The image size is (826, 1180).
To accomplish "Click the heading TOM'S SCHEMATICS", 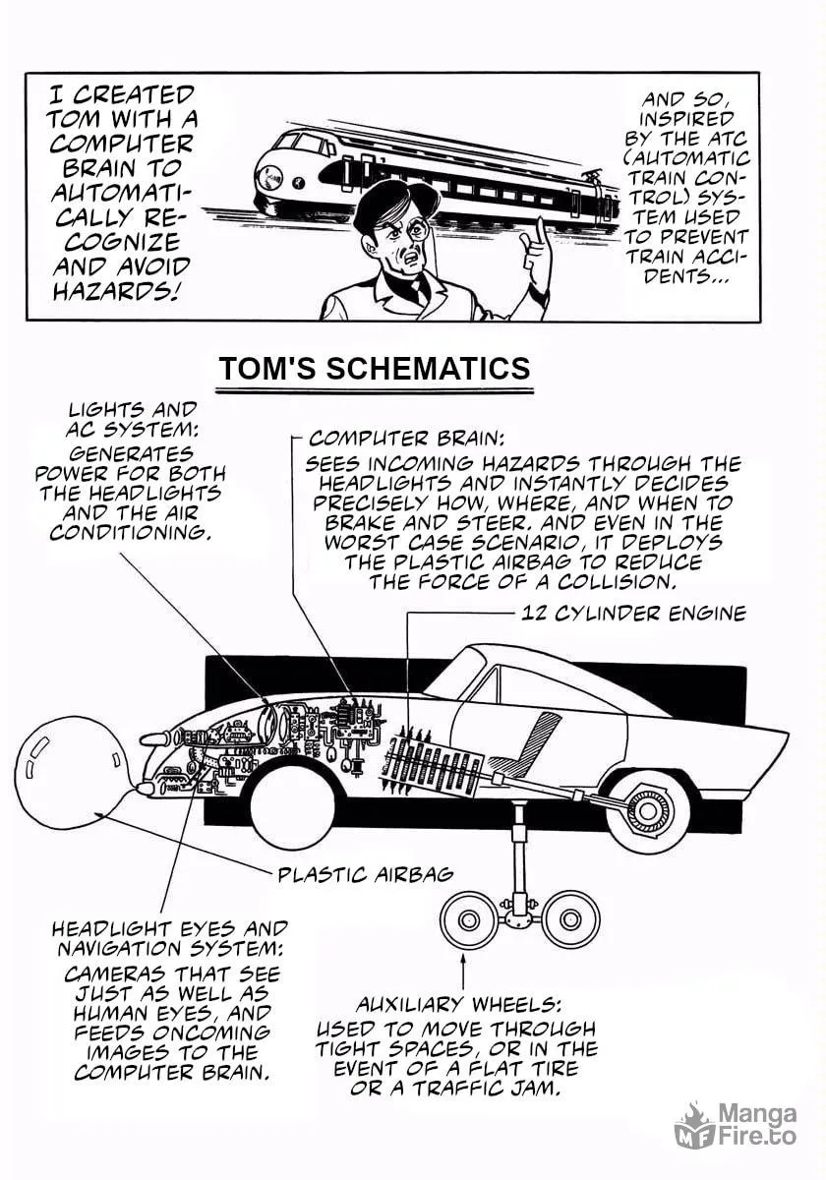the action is coord(375,368).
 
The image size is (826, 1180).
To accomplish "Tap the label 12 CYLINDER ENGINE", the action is coord(633,614).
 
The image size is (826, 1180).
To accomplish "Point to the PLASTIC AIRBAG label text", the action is coord(366,875).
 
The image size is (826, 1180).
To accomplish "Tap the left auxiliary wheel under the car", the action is coord(467,920).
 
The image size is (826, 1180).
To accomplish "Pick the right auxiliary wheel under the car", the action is coord(568,920).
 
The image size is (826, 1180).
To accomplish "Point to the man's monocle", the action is coord(422,227).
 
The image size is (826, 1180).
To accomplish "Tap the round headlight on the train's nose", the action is coord(271,178).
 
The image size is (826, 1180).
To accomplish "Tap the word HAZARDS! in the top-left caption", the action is coord(114,290).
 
